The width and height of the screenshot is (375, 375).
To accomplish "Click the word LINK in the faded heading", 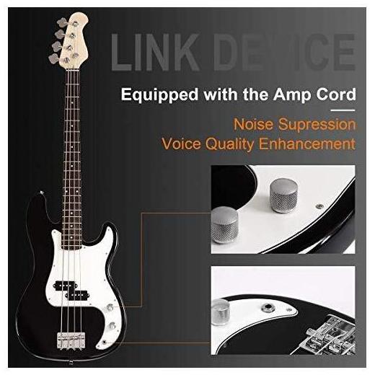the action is (155, 52).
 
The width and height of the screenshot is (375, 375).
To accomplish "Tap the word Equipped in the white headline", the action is (159, 94).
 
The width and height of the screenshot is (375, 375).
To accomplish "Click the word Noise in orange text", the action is (254, 124).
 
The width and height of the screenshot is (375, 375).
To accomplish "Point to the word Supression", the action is (317, 125).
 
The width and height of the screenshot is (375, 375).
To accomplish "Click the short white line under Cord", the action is (343, 110).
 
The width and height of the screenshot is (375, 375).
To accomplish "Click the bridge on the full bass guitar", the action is (71, 340).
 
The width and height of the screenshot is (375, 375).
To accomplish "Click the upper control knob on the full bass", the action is (110, 307).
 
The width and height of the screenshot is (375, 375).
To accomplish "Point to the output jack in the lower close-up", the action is (267, 307).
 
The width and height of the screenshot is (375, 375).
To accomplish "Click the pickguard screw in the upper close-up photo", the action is (319, 206).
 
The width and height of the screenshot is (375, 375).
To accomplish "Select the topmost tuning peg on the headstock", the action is (62, 23).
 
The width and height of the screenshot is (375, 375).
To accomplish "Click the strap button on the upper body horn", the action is (42, 193).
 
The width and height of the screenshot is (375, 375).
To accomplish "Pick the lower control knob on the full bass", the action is (112, 325).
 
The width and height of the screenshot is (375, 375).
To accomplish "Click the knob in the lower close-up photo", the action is (221, 312).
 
